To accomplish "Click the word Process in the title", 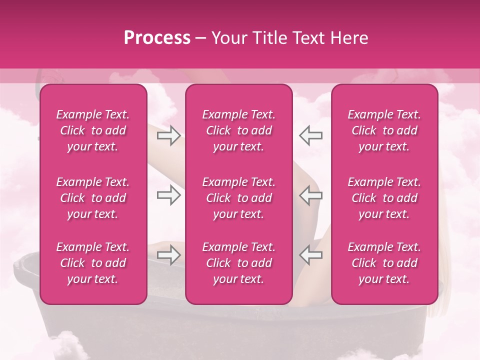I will pyautogui.click(x=157, y=38).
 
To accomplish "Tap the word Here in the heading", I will pyautogui.click(x=349, y=38).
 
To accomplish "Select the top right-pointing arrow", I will pyautogui.click(x=169, y=135).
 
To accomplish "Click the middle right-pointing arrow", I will pyautogui.click(x=169, y=195).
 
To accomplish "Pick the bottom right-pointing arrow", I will pyautogui.click(x=169, y=254).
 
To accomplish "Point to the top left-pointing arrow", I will pyautogui.click(x=310, y=135).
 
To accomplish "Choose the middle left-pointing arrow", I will pyautogui.click(x=310, y=195).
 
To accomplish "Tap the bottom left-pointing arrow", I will pyautogui.click(x=310, y=254).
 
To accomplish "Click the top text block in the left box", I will pyautogui.click(x=93, y=130).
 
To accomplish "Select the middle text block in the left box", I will pyautogui.click(x=93, y=198).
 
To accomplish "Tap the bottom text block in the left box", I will pyautogui.click(x=93, y=263).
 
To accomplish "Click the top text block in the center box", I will pyautogui.click(x=239, y=130).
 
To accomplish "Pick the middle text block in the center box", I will pyautogui.click(x=239, y=198).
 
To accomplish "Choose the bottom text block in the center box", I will pyautogui.click(x=239, y=263).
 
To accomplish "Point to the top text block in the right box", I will pyautogui.click(x=384, y=130).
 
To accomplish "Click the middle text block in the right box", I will pyautogui.click(x=384, y=198).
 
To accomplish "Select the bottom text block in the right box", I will pyautogui.click(x=384, y=263).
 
